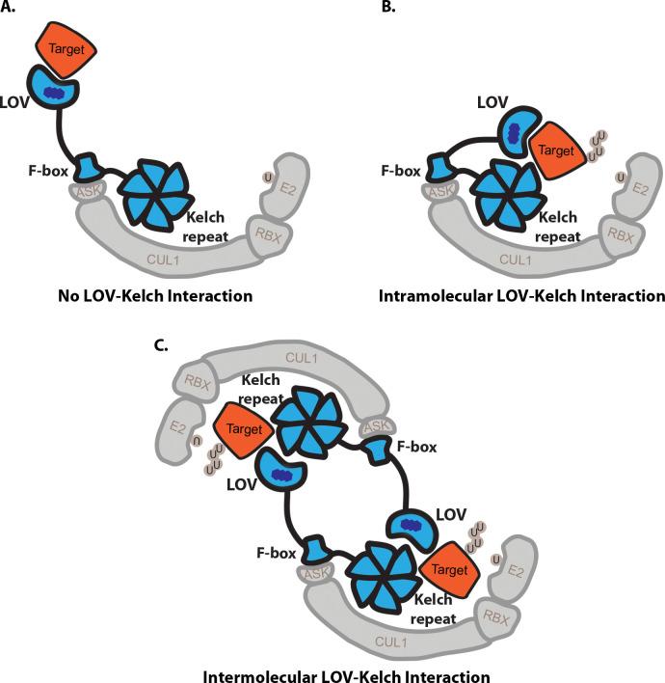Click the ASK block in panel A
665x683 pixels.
click(85, 194)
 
